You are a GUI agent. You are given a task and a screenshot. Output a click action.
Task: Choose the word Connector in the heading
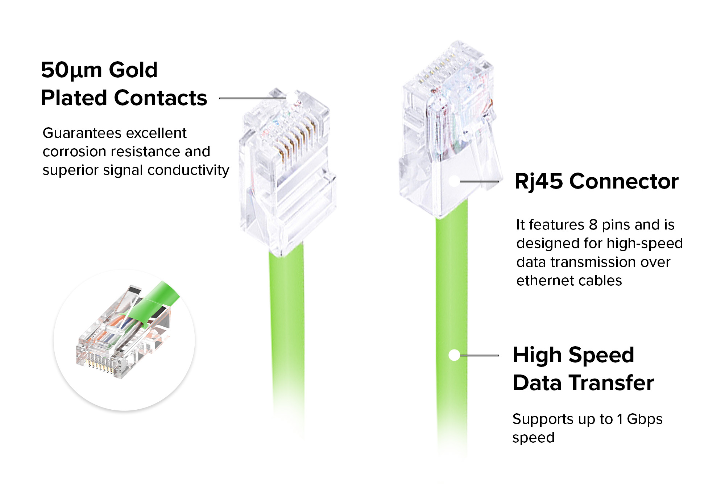pos(624,181)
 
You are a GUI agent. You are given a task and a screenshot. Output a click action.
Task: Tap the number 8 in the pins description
pos(593,225)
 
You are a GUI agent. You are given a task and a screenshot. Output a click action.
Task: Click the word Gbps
pos(645,419)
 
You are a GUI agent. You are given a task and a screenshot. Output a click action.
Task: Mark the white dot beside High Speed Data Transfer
pos(454,355)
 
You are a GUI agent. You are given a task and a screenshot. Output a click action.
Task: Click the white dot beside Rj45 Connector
pos(454,181)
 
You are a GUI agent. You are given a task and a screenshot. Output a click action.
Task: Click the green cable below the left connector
pos(286,326)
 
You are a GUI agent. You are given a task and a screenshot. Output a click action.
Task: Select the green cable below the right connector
pos(452,290)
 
